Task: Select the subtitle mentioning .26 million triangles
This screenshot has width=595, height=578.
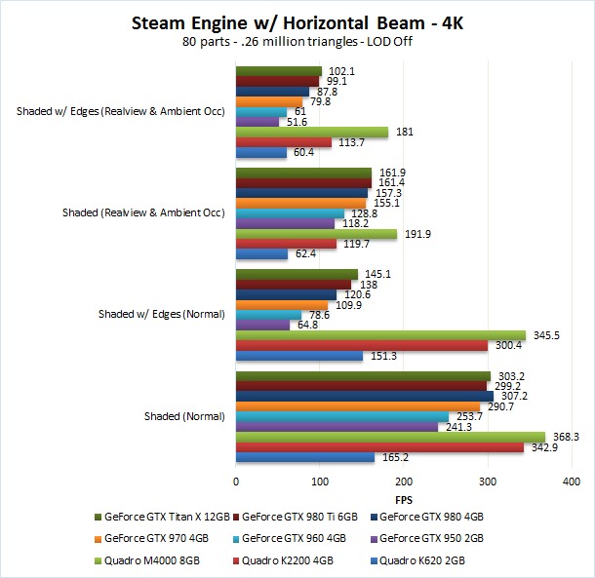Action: point(297,42)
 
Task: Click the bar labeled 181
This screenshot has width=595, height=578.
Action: point(312,132)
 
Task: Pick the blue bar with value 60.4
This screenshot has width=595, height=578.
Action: point(261,152)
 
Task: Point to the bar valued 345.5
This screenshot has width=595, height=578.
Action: point(381,334)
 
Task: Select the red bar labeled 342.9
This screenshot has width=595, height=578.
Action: point(379,446)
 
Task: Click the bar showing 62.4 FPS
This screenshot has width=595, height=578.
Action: point(262,254)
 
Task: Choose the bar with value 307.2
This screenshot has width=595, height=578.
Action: point(365,396)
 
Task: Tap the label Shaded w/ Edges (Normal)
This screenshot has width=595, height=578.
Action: point(163,314)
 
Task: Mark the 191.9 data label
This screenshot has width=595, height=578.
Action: point(416,234)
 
